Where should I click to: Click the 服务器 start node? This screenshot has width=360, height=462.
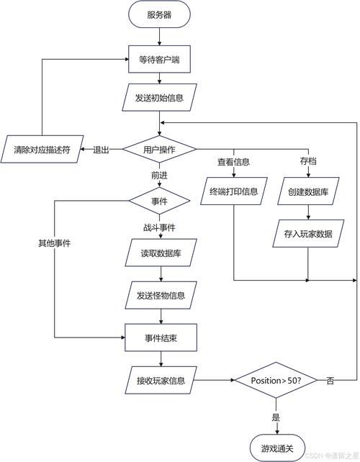coord(159,14)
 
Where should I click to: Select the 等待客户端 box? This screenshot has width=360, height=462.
coord(159,60)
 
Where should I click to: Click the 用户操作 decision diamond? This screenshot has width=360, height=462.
coord(159,149)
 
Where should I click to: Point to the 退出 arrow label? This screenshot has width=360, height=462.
coord(101,150)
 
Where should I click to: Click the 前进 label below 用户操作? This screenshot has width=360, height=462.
coord(159,175)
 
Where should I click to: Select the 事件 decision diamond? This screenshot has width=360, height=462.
coord(159,201)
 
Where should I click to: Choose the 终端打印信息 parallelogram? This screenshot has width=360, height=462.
coord(234,192)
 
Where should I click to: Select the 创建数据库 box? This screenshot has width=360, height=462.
coord(307,192)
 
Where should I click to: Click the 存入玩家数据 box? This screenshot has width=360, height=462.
coord(307,233)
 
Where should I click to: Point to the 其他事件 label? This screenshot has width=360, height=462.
coord(54,243)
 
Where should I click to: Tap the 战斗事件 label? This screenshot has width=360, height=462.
coord(159,228)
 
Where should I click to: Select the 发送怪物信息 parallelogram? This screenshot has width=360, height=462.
coord(159,294)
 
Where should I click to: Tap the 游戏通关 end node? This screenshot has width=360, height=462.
coord(276,448)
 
